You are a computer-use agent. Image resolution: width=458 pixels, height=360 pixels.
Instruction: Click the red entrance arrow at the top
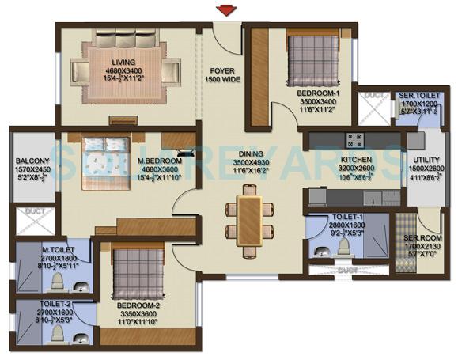228,10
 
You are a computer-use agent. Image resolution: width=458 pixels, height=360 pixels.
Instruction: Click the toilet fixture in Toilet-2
56,332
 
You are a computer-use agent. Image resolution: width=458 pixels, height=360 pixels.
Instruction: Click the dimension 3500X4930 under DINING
252,163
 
